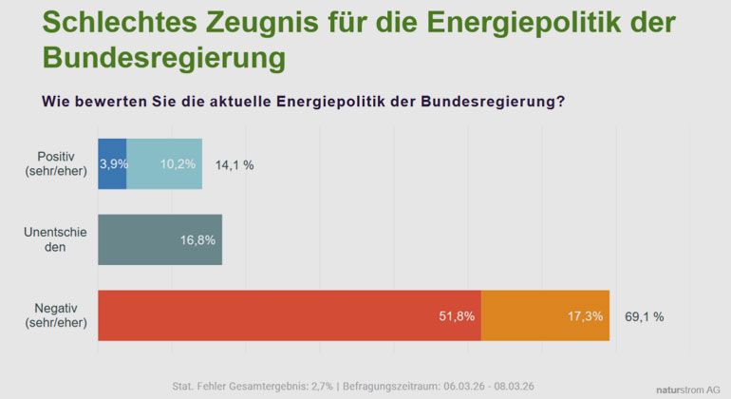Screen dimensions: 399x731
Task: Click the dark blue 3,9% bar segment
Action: point(112,163)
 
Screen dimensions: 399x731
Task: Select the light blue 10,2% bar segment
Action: point(164,163)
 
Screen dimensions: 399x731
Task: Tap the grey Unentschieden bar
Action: point(159,239)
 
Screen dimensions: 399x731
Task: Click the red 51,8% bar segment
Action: point(290,315)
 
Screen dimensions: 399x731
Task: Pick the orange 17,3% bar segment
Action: point(545,315)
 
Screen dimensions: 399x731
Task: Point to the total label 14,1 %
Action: point(234,164)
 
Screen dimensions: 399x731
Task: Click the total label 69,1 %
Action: point(645,316)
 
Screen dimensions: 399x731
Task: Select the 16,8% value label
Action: point(198,240)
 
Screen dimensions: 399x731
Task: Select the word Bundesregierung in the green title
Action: point(163,58)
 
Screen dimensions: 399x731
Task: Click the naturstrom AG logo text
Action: point(688,389)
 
